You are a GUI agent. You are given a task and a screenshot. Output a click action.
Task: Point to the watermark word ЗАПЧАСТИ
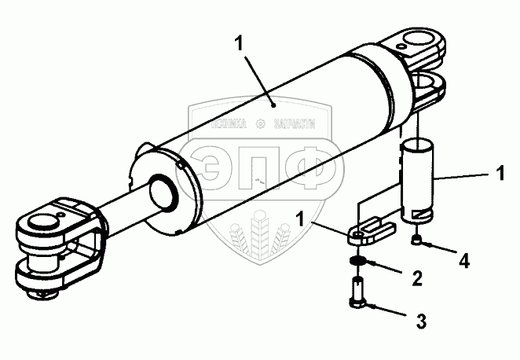point(293,123)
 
